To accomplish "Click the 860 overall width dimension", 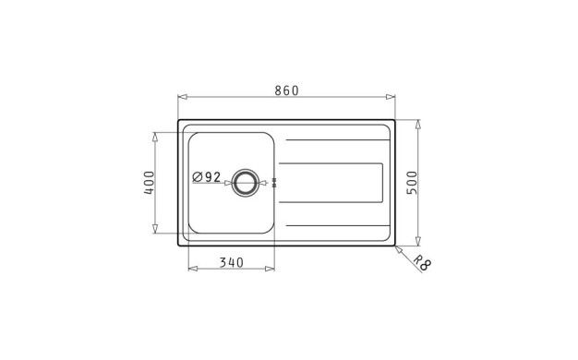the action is (286, 90).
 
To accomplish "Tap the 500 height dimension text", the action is (412, 183).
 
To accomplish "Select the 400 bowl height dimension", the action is (149, 183).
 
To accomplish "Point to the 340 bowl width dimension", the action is (232, 263).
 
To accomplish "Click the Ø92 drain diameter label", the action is (207, 177).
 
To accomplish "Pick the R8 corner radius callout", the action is (422, 263).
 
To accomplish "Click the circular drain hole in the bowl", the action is (245, 183).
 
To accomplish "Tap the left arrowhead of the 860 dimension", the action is (183, 97).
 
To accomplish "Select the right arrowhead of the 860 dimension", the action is (391, 97).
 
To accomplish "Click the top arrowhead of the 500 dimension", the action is (418, 125).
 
